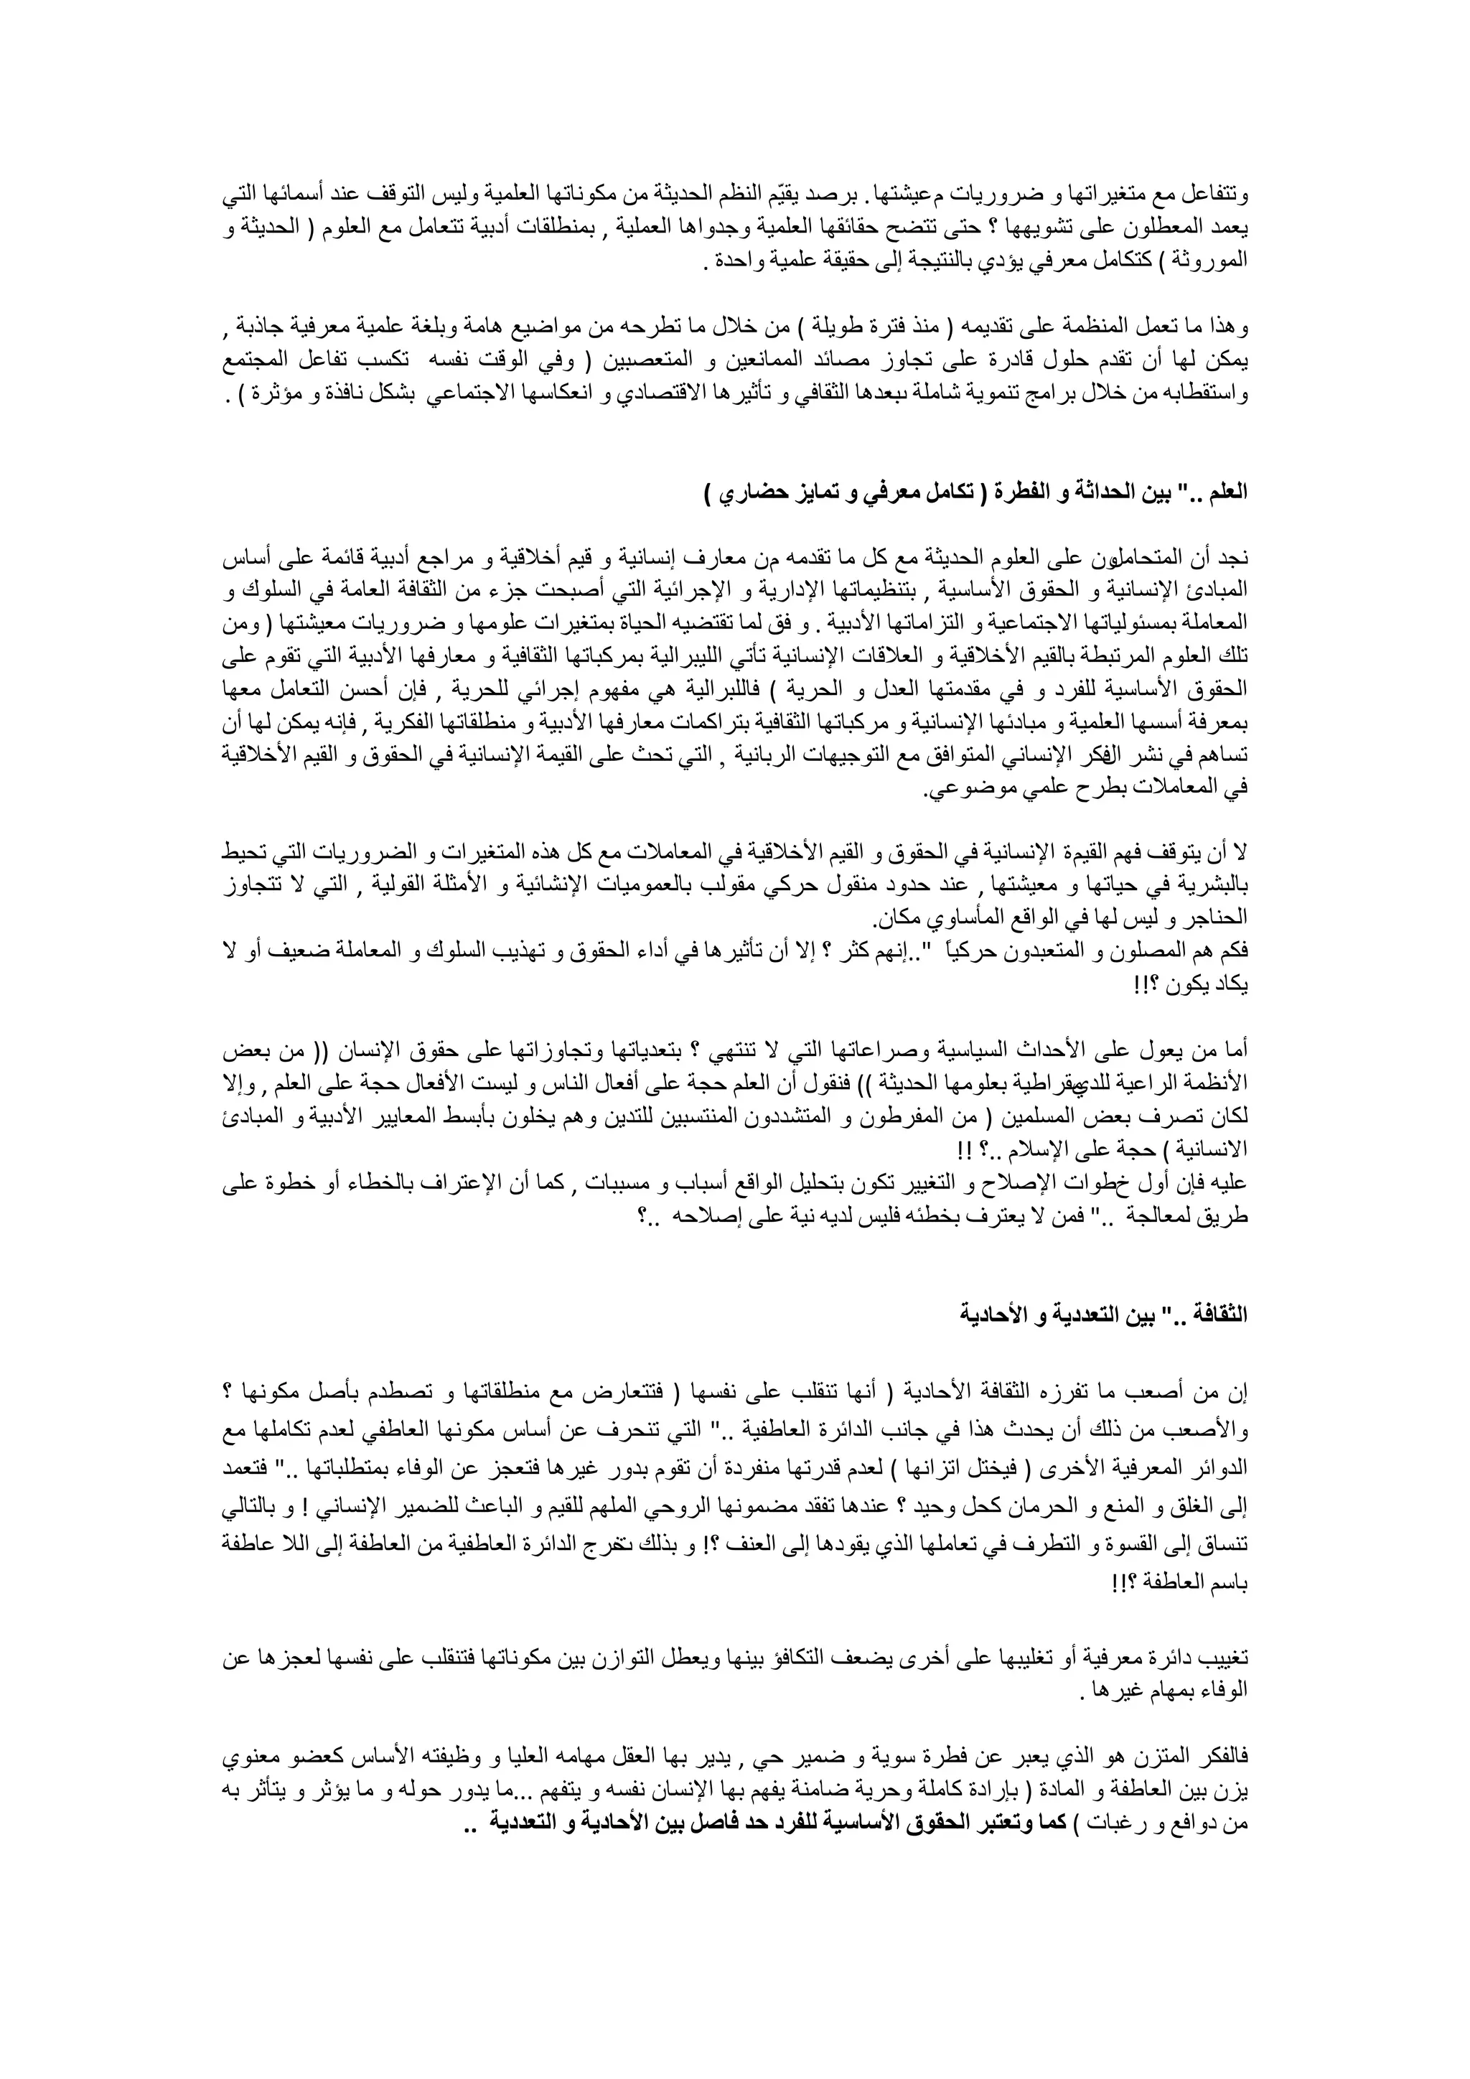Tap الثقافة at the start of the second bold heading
point(1217,1314)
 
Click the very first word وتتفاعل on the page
point(1217,193)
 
